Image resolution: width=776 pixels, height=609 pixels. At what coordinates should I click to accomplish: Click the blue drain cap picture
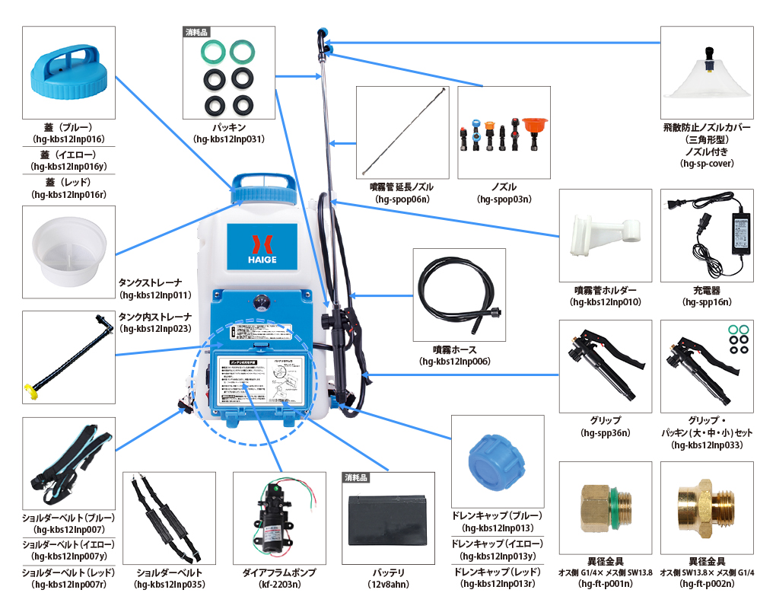click(497, 460)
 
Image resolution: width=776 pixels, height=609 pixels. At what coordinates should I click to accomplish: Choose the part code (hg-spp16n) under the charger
click(707, 302)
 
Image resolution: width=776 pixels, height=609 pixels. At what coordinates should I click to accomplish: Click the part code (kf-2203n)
click(278, 585)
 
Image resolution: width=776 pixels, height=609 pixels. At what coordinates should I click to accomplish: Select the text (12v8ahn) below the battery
click(388, 585)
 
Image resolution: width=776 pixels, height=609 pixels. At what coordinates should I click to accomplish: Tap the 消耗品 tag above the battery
click(355, 478)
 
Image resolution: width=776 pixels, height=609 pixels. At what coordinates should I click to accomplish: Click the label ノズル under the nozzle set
click(504, 187)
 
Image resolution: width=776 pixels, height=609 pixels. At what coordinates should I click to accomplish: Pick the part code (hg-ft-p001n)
click(605, 584)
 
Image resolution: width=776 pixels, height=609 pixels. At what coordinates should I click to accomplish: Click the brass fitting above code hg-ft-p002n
click(707, 506)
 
